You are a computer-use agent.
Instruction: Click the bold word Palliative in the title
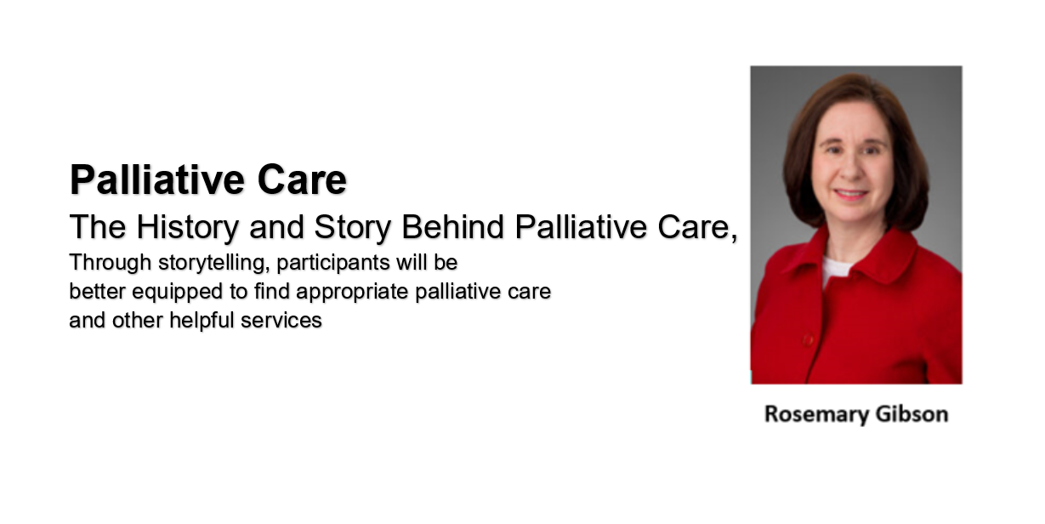156,179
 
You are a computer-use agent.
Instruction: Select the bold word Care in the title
303,179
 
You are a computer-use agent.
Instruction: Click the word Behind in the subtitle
453,227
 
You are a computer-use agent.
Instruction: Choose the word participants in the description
333,264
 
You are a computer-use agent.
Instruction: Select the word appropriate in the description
352,293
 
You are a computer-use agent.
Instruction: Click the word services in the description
281,321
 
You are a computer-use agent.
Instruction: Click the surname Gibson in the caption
912,414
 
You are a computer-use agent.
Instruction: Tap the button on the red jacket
809,340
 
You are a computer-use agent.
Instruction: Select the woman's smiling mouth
851,193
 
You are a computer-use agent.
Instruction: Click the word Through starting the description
111,263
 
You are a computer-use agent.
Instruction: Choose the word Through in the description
111,263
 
